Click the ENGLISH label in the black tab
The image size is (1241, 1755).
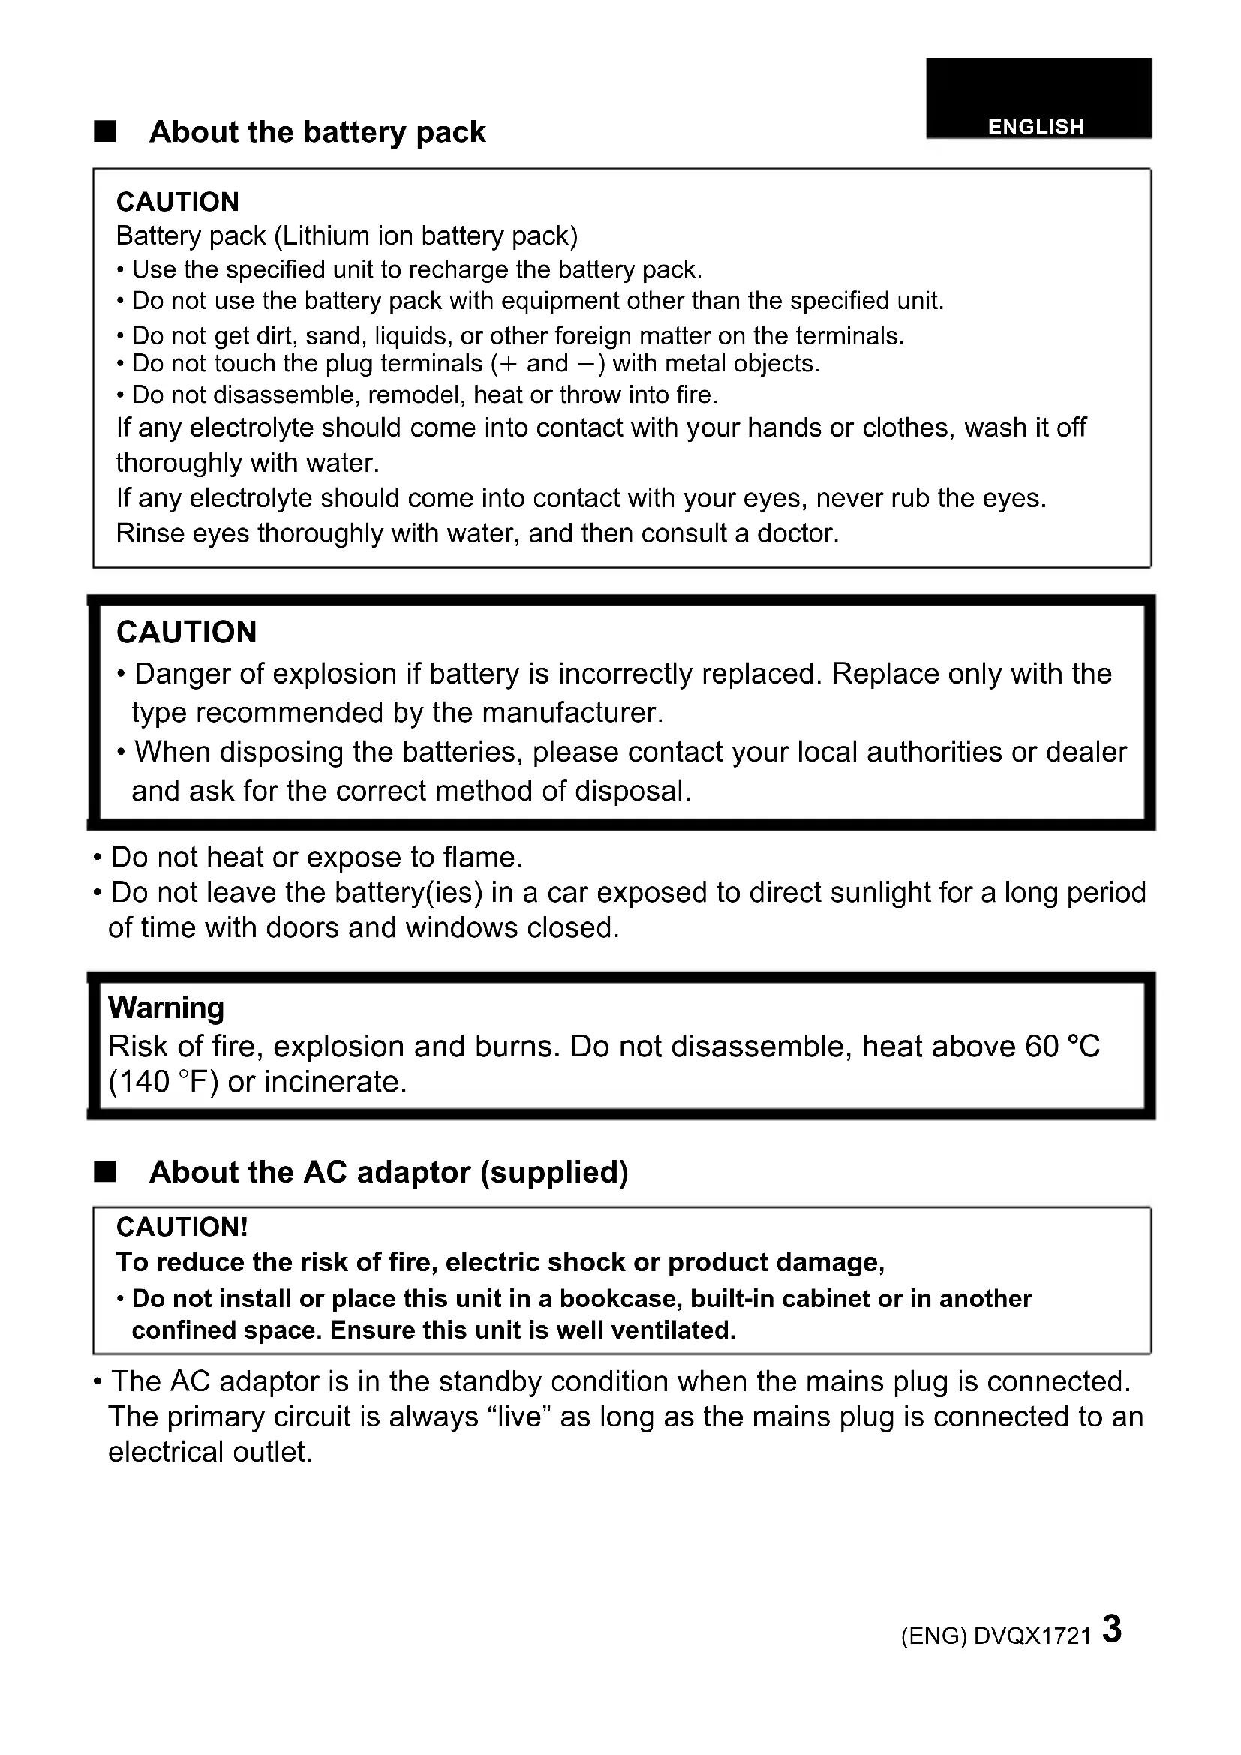(x=1035, y=127)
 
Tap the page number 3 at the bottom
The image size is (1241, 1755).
(x=1112, y=1629)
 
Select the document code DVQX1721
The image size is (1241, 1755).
(x=1032, y=1636)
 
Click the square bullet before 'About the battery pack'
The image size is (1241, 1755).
(x=105, y=131)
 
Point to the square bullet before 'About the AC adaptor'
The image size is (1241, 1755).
(x=105, y=1172)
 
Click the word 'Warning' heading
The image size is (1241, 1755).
(x=166, y=1008)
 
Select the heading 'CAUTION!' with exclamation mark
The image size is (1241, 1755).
(x=182, y=1227)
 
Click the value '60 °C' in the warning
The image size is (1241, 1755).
(x=1062, y=1046)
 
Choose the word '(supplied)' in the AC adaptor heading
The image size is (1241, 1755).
(x=554, y=1172)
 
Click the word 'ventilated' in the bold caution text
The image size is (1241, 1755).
(x=672, y=1330)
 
